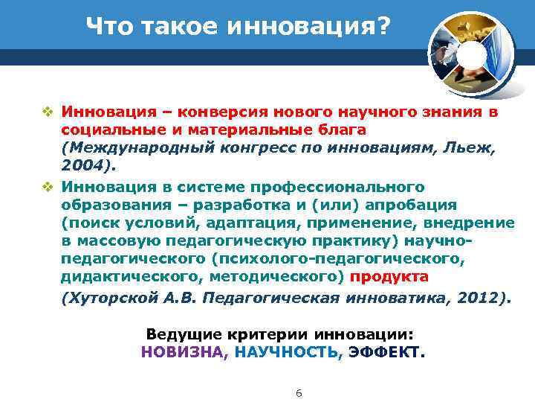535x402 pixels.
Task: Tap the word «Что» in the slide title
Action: coord(106,27)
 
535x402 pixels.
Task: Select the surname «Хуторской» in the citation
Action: coord(108,298)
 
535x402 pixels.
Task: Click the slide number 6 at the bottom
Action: coord(299,392)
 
